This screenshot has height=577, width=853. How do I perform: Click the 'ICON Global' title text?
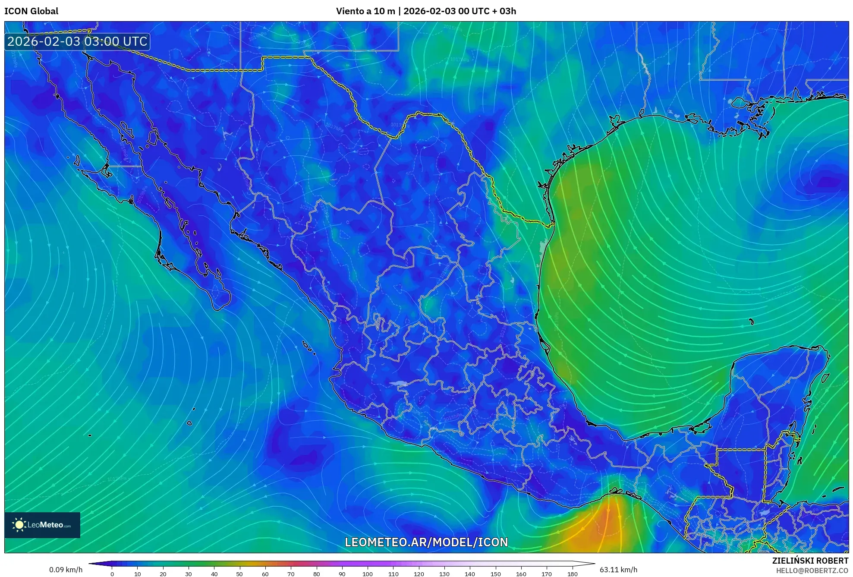(31, 11)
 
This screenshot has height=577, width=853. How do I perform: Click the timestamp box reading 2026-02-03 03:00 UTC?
(77, 41)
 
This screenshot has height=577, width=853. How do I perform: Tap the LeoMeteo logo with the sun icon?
(42, 525)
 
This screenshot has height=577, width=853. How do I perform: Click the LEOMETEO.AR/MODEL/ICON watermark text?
(426, 542)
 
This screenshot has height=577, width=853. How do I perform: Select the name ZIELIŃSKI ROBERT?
(810, 561)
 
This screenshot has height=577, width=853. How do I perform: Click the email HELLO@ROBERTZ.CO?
(812, 571)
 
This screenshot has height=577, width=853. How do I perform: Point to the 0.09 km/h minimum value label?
(66, 570)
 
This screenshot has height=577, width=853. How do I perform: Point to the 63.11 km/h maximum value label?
(618, 570)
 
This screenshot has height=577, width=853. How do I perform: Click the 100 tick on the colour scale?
(367, 574)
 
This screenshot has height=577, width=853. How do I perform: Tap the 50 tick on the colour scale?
(239, 574)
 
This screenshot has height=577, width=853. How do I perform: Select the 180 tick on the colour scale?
(572, 574)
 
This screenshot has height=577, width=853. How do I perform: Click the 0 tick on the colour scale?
(112, 574)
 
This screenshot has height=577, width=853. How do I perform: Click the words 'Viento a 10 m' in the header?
(365, 11)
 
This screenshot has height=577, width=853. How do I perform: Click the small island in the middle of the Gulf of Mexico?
(752, 322)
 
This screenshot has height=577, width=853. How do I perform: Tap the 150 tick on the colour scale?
(495, 574)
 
